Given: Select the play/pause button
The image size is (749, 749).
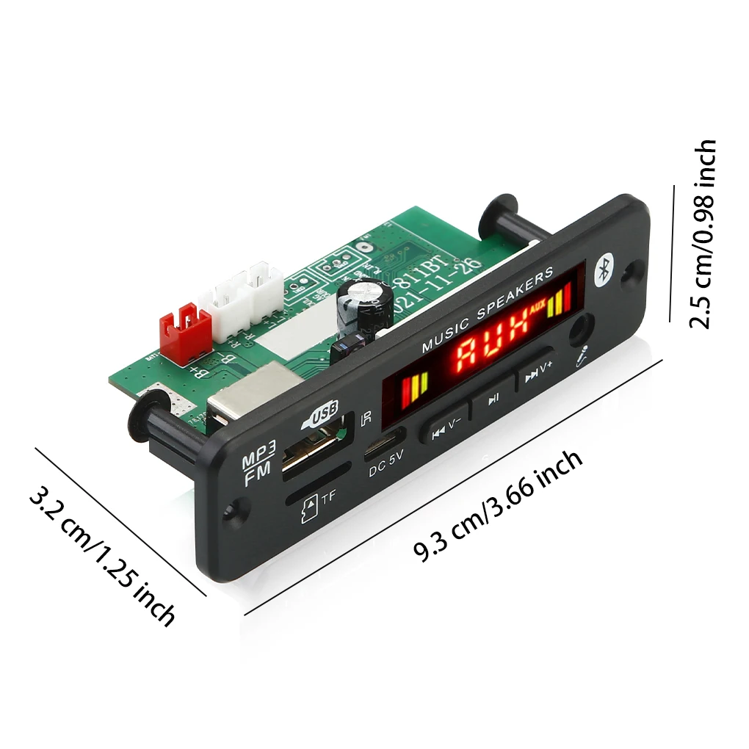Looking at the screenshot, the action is pyautogui.click(x=494, y=398).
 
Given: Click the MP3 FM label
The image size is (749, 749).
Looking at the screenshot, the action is pyautogui.click(x=259, y=464).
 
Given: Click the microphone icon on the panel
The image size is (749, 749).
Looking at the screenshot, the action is pyautogui.click(x=582, y=355).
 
